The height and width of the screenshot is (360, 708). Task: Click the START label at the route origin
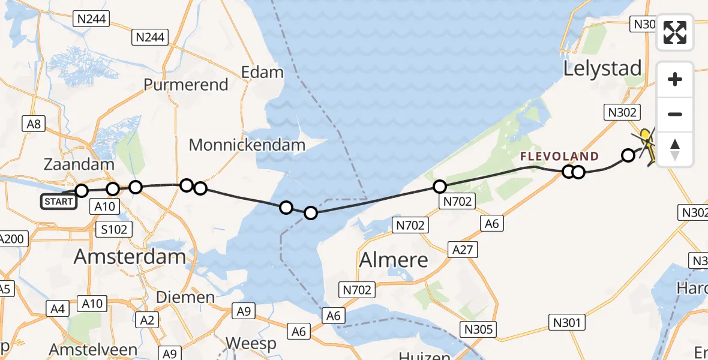click(x=59, y=202)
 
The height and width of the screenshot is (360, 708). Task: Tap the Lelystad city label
click(x=602, y=68)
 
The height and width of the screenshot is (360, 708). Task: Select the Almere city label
click(x=394, y=260)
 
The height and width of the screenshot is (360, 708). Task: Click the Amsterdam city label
click(x=130, y=257)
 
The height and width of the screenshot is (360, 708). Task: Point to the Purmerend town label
click(x=186, y=85)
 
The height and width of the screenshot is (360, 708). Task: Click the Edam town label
click(x=262, y=73)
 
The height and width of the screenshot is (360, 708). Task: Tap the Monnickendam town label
click(x=247, y=145)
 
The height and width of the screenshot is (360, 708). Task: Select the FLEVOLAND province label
click(x=559, y=157)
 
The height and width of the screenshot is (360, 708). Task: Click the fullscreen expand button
click(x=675, y=32)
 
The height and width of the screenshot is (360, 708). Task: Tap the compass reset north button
click(x=675, y=149)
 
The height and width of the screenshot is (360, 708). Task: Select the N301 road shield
click(x=566, y=323)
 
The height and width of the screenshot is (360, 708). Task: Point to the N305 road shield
click(x=478, y=329)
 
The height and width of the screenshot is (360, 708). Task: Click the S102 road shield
click(x=113, y=229)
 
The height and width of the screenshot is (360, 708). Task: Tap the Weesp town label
click(x=251, y=344)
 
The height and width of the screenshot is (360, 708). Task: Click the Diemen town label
click(x=185, y=297)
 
